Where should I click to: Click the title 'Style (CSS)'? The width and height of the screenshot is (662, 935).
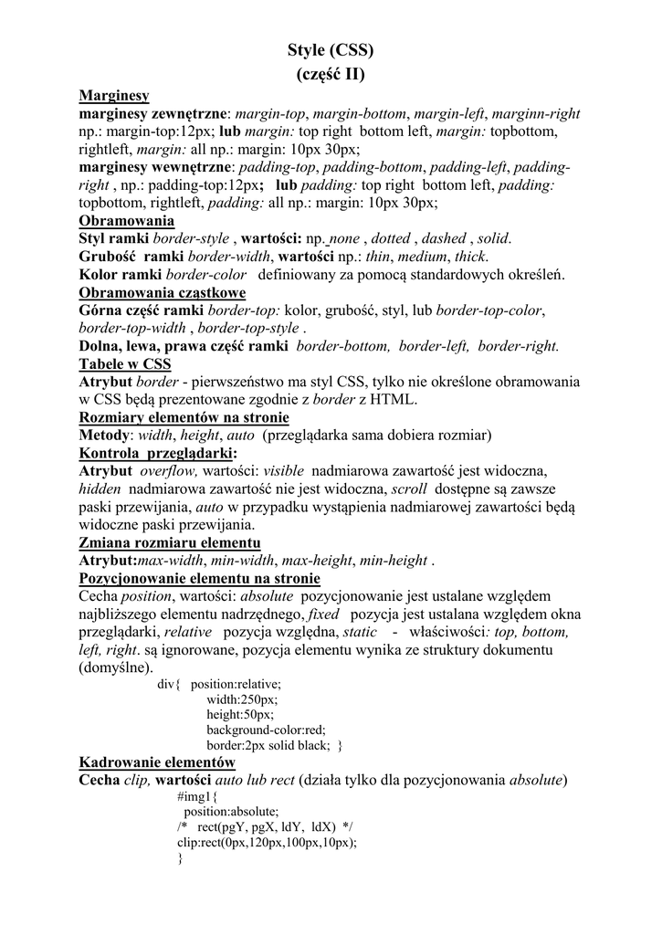[331, 50]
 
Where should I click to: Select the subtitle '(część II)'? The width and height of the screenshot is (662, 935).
[331, 75]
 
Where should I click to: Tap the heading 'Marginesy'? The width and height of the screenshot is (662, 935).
[114, 95]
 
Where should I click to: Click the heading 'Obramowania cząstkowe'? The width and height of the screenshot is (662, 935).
[163, 292]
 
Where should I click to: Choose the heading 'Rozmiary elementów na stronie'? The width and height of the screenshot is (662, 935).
[184, 417]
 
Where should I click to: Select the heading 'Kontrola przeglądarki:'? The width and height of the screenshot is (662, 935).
[158, 453]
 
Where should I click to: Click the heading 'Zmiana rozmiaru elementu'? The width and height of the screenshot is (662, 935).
[170, 542]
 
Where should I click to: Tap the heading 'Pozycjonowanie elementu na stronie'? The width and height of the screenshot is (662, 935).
[199, 578]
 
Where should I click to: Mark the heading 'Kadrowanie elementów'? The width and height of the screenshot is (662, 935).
[157, 762]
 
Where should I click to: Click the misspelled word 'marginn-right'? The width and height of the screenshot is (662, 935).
[536, 114]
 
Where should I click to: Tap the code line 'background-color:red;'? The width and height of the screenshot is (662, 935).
[266, 730]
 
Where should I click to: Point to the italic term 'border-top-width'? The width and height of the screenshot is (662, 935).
[134, 328]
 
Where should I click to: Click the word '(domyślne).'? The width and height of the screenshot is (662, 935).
[117, 667]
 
